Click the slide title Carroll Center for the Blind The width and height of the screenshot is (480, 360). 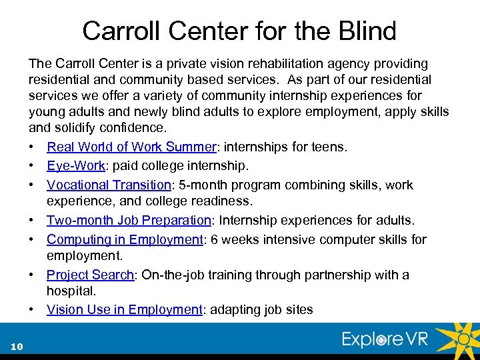pyautogui.click(x=239, y=31)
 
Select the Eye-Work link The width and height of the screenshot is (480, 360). pyautogui.click(x=71, y=165)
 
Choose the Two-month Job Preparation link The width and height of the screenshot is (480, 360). pyautogui.click(x=128, y=220)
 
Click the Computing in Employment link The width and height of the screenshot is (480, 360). pyautogui.click(x=125, y=239)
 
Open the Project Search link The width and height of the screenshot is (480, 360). pyautogui.click(x=90, y=275)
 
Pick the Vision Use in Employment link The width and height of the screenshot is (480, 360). pyautogui.click(x=124, y=309)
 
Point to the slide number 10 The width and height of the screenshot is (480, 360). pyautogui.click(x=17, y=346)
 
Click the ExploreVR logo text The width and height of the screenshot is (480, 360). pyautogui.click(x=385, y=339)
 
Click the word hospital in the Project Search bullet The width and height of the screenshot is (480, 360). pyautogui.click(x=71, y=291)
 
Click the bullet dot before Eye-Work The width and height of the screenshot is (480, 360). pyautogui.click(x=32, y=165)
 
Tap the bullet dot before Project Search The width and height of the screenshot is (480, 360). pyautogui.click(x=32, y=275)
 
